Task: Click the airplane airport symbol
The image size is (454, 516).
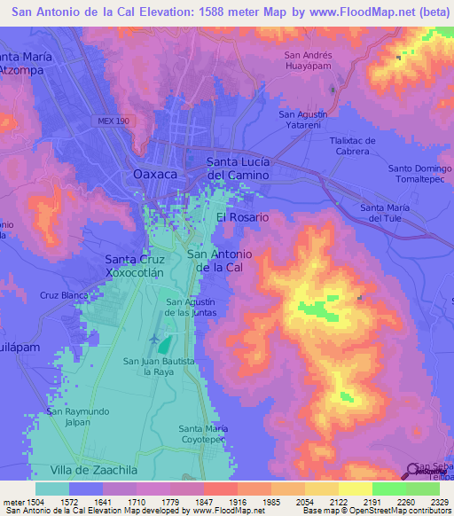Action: coord(157,339)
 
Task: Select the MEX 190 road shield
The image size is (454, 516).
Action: coord(113,121)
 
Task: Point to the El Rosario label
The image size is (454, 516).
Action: coord(242,216)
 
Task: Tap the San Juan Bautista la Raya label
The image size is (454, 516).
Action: coord(156,366)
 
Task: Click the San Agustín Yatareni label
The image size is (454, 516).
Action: coord(303,120)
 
